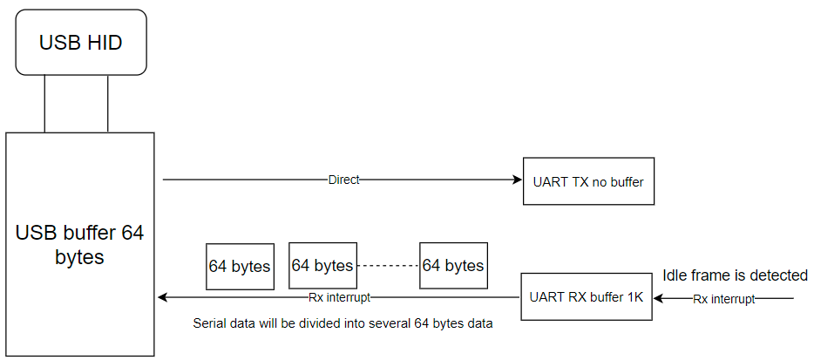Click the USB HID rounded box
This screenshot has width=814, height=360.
[x=81, y=42]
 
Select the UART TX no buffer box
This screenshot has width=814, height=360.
[x=588, y=181]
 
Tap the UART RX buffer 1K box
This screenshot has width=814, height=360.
[x=586, y=297]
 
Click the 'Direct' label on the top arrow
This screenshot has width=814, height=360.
[x=343, y=180]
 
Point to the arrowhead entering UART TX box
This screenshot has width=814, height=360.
[x=516, y=180]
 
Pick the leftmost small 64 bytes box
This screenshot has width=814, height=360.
[x=240, y=266]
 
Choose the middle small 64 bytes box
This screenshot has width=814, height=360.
[x=322, y=265]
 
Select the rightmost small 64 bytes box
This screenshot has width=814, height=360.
[x=453, y=265]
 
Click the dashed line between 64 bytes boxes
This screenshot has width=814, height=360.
[x=388, y=265]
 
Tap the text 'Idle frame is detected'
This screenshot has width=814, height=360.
[x=735, y=275]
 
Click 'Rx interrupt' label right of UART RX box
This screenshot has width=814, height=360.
[x=724, y=299]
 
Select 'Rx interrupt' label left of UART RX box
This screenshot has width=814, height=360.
[x=340, y=297]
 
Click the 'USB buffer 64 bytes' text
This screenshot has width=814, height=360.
[x=79, y=245]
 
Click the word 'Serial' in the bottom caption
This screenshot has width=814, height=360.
[x=209, y=323]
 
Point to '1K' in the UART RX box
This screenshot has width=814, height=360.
[x=634, y=297]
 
